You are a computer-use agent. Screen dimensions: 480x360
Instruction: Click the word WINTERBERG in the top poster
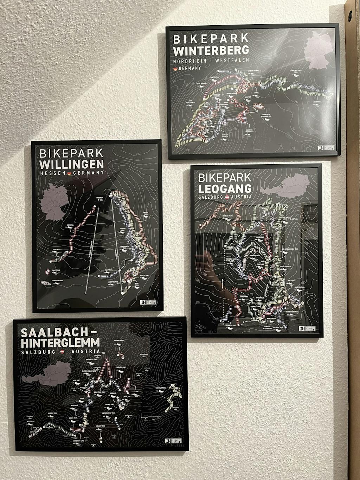(211, 50)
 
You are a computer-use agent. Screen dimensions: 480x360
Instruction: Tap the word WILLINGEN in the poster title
(72, 164)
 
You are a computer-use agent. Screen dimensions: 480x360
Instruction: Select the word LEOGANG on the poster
(225, 188)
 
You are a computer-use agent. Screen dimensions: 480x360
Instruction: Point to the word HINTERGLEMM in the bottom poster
(60, 342)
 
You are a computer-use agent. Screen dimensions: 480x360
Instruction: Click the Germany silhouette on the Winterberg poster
(317, 51)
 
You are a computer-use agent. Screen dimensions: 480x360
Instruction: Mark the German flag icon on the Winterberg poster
(175, 69)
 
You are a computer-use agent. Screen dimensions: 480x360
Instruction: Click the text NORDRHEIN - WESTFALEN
(211, 60)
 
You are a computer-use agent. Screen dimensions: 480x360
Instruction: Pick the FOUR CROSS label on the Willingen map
(57, 250)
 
